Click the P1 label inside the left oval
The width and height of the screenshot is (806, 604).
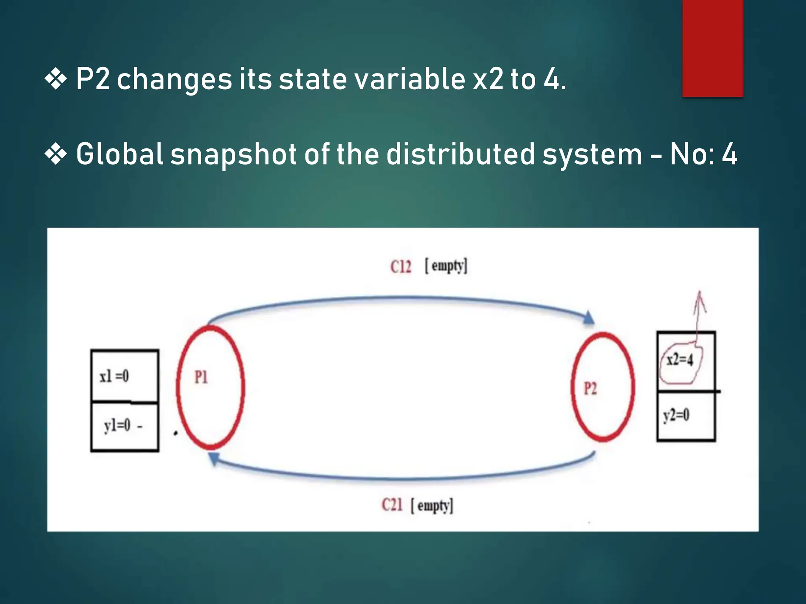pyautogui.click(x=201, y=377)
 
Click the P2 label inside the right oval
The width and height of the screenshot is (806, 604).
pyautogui.click(x=590, y=389)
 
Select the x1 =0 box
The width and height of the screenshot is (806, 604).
pyautogui.click(x=124, y=376)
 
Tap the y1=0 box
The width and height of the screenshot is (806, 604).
pyautogui.click(x=124, y=426)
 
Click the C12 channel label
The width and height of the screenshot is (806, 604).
pyautogui.click(x=401, y=267)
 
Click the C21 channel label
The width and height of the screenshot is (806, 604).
pyautogui.click(x=392, y=505)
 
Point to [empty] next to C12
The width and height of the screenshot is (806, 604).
pyautogui.click(x=446, y=266)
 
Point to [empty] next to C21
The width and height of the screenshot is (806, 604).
pyautogui.click(x=432, y=506)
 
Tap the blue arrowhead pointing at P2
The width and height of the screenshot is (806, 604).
pyautogui.click(x=588, y=318)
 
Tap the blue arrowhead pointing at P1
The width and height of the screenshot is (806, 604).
pyautogui.click(x=214, y=459)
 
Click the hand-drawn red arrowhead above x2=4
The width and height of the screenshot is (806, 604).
pyautogui.click(x=700, y=301)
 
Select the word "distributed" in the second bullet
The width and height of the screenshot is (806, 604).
pyautogui.click(x=460, y=154)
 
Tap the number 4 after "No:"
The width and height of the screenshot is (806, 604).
pyautogui.click(x=729, y=154)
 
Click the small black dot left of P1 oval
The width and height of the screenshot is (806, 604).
pyautogui.click(x=176, y=433)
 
